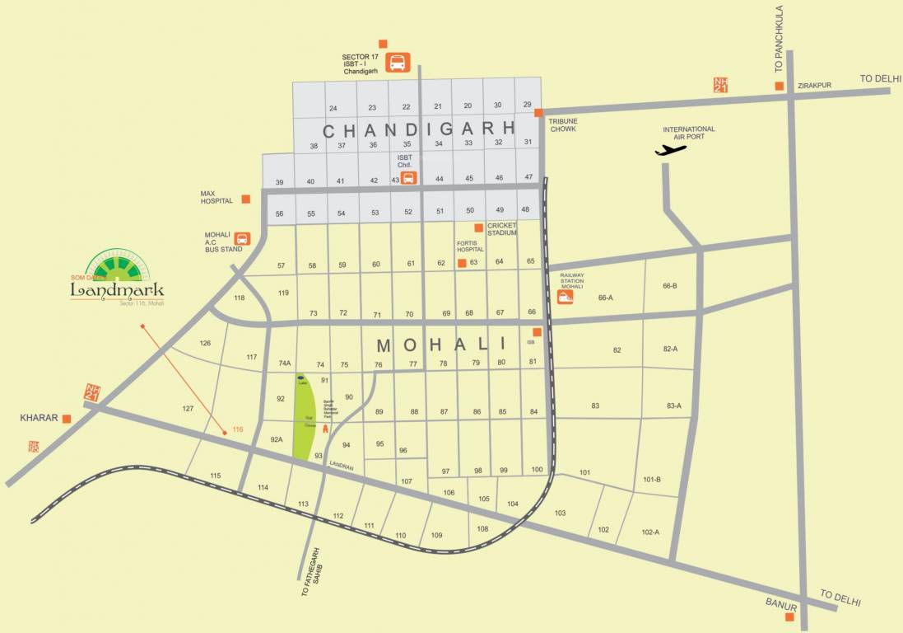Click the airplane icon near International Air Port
(x=671, y=150)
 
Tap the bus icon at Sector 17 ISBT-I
(x=398, y=62)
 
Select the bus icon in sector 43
(x=408, y=177)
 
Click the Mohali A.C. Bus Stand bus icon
(x=242, y=239)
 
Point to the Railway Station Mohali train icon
(x=566, y=298)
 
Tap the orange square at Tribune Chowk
(x=538, y=113)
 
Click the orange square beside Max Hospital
(x=245, y=199)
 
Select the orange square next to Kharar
(x=67, y=419)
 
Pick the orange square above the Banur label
(x=790, y=617)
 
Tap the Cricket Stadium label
(x=501, y=229)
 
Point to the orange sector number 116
(x=238, y=429)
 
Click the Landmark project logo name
(x=117, y=290)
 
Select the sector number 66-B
(x=669, y=286)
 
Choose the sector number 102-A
(x=650, y=532)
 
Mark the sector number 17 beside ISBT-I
(x=375, y=57)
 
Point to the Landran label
(x=341, y=467)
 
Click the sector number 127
(x=188, y=409)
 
